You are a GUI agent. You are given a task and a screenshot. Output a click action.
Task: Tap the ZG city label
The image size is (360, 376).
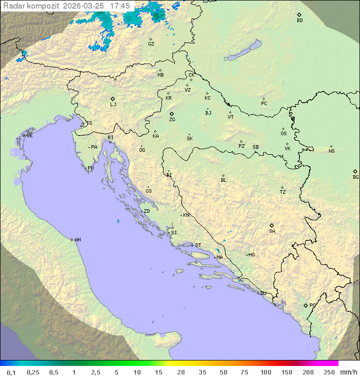(172, 120)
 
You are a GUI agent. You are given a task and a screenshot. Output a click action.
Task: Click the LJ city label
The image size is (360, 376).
(113, 105)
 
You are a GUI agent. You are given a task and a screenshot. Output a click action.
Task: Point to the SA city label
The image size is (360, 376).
(272, 231)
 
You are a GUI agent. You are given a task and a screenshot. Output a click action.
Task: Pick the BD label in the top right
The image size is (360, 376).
(299, 21)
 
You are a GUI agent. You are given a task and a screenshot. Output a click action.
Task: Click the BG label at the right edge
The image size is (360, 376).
(355, 177)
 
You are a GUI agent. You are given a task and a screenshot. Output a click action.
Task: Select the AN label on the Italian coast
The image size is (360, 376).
(77, 240)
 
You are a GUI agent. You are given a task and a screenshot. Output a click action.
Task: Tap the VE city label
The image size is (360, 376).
(29, 136)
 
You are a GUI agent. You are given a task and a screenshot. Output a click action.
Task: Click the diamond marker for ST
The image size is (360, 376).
(192, 245)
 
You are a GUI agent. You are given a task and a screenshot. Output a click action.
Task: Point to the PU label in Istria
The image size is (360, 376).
(90, 168)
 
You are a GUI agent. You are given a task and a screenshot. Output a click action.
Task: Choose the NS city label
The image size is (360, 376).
(331, 151)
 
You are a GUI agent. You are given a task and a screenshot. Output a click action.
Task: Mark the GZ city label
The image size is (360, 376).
(151, 44)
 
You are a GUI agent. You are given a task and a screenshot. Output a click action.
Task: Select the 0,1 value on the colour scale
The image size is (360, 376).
(11, 372)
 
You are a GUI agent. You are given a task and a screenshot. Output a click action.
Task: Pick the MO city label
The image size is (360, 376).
(251, 255)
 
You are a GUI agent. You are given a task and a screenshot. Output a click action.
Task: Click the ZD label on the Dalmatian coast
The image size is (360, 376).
(146, 211)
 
